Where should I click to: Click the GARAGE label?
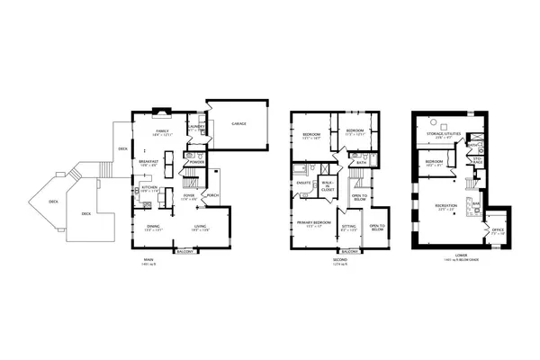click(239, 123)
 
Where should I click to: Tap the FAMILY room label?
click(162, 131)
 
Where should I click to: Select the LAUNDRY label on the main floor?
click(195, 126)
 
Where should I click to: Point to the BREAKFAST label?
click(148, 164)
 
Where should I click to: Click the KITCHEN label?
click(149, 189)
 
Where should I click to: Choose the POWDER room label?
click(196, 162)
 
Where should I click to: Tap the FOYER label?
click(189, 194)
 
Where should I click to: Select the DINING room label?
click(153, 227)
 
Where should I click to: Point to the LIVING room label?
click(200, 227)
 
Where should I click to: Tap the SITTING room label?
click(349, 227)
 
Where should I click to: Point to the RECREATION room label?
click(445, 205)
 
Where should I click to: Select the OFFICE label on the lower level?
click(497, 229)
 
